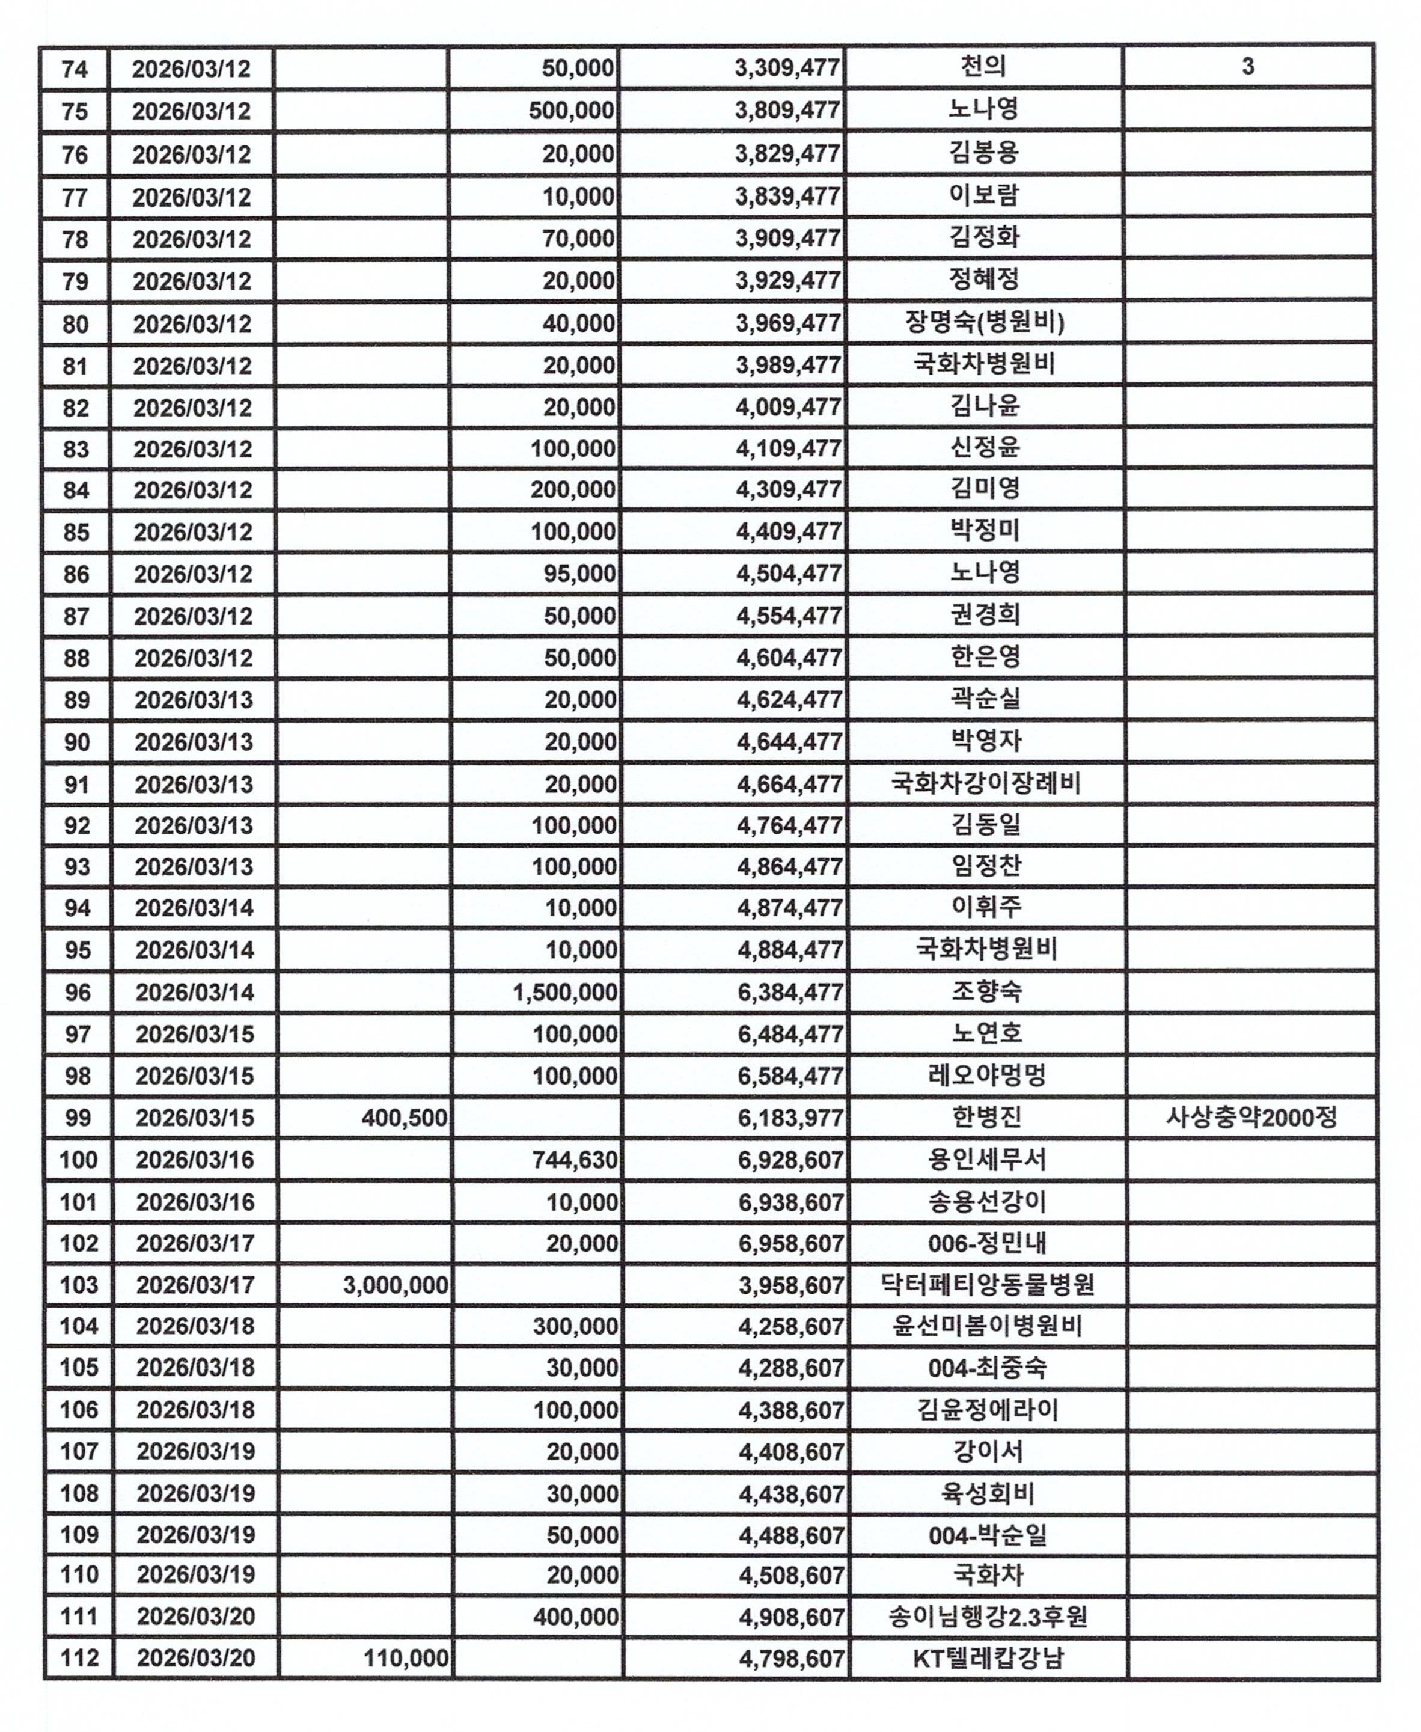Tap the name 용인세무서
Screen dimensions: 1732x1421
986,1160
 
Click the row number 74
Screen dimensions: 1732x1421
75,68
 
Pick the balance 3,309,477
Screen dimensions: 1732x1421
787,68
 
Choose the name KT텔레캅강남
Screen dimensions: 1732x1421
988,1658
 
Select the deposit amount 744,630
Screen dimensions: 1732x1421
575,1160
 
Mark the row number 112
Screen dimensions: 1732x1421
79,1658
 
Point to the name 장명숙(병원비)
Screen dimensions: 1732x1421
985,322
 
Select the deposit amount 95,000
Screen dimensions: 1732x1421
579,574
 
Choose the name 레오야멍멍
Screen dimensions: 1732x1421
986,1076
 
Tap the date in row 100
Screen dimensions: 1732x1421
195,1160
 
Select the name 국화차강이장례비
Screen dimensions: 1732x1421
986,784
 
